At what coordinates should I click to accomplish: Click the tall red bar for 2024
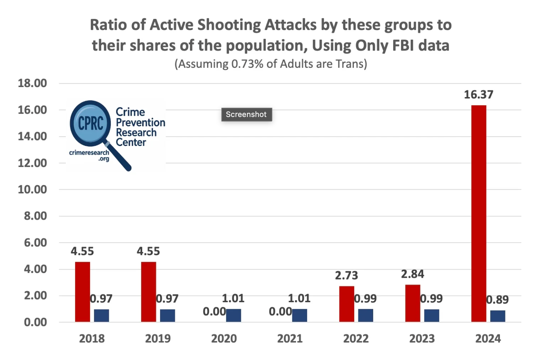pos(479,213)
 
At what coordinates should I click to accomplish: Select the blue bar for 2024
pos(497,316)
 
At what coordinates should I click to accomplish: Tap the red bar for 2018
pos(83,292)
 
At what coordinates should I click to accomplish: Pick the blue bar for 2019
pos(167,315)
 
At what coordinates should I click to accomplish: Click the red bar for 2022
pos(346,304)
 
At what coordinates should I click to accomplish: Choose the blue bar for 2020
pos(233,315)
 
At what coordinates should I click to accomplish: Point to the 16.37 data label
pos(479,95)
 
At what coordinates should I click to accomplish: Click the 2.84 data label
pos(412,274)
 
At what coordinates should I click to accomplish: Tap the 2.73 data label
pos(346,276)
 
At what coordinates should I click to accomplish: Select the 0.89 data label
pos(497,300)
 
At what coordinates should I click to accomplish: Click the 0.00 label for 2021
pos(280,312)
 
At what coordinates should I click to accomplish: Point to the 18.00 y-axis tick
pos(32,83)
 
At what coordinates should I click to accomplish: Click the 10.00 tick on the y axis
pos(32,190)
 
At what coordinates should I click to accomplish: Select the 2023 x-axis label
pos(422,339)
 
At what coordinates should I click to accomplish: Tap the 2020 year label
pos(224,339)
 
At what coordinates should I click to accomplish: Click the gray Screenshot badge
pos(246,115)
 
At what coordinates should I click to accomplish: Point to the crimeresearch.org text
pos(89,155)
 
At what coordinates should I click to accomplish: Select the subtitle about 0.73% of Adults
pos(271,64)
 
